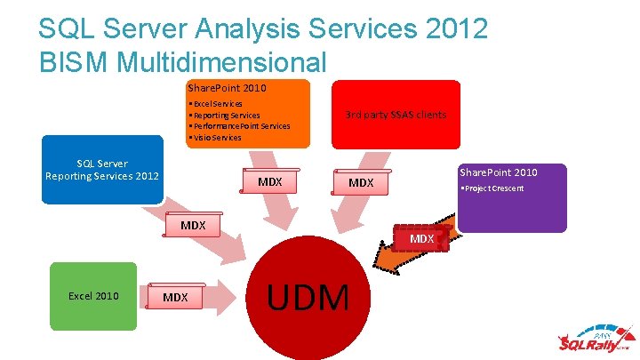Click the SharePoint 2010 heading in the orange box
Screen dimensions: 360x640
227,88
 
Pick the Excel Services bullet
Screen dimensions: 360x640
215,104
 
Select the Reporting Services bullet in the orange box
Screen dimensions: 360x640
224,116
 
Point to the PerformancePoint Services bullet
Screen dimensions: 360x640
239,126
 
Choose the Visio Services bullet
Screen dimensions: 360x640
215,138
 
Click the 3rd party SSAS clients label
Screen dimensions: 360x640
396,115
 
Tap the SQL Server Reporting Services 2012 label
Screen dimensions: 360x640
102,170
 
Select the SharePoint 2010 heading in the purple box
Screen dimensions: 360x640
499,172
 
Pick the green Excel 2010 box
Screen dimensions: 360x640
93,296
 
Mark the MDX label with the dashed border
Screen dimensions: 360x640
421,239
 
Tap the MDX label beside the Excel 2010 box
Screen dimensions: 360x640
175,297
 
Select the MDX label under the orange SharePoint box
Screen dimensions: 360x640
269,182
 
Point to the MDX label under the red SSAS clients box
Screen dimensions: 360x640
361,182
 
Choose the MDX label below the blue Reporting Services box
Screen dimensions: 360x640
193,226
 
